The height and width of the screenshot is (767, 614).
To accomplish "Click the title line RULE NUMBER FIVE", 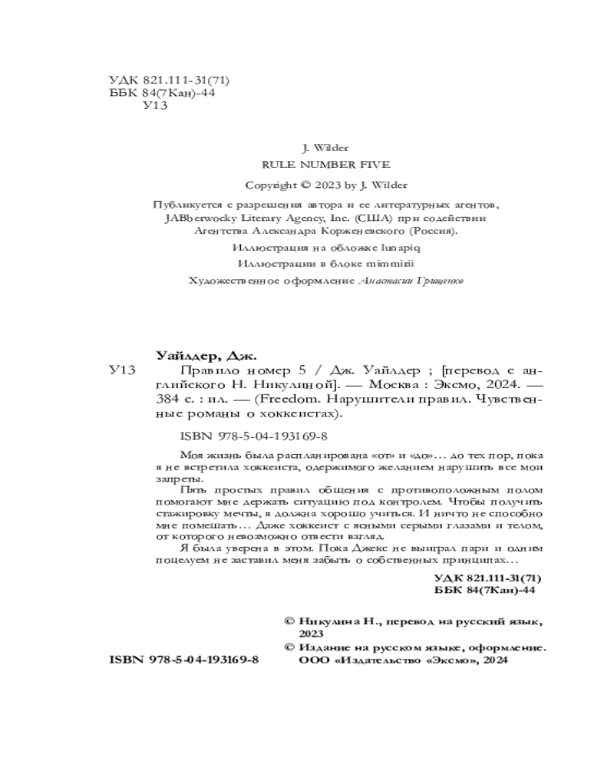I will click(326, 164).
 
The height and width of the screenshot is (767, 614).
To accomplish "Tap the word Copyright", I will click(271, 185).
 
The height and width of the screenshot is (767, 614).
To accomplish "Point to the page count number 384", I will click(168, 400).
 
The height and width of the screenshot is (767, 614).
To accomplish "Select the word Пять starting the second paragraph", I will click(191, 489).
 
